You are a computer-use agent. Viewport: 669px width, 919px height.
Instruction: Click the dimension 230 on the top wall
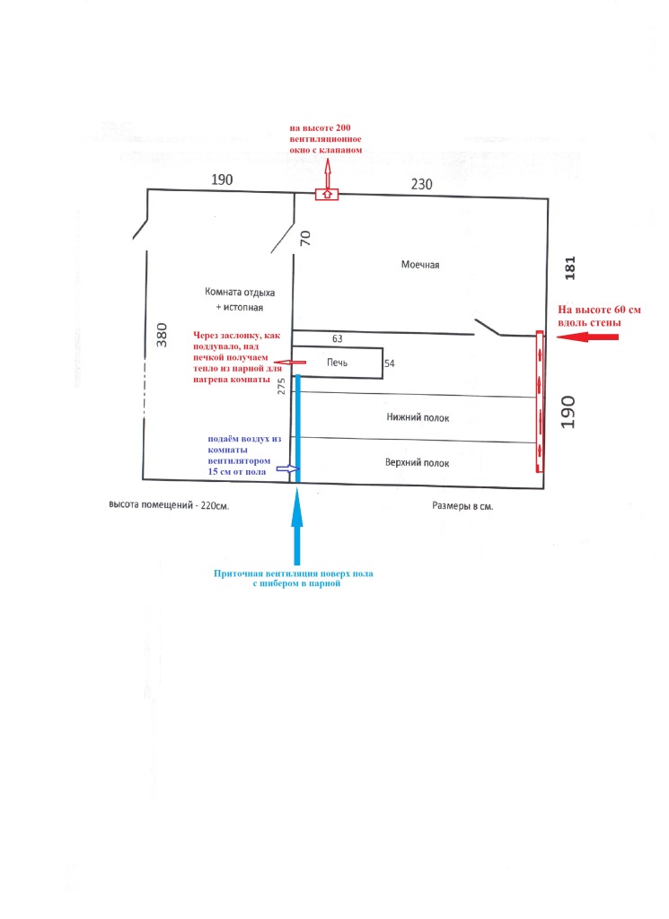click(422, 185)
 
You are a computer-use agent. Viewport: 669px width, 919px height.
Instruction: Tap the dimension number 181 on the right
click(570, 267)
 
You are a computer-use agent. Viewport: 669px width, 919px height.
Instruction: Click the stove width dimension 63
click(338, 339)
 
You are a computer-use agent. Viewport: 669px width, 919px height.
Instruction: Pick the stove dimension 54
click(390, 363)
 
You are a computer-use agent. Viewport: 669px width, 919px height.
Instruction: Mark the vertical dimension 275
click(282, 386)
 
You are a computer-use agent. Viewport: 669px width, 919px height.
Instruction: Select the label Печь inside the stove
click(337, 363)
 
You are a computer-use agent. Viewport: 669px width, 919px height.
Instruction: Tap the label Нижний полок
click(418, 417)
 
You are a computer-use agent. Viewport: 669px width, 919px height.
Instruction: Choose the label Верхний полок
click(418, 462)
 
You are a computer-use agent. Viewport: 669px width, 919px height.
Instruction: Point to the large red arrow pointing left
click(587, 337)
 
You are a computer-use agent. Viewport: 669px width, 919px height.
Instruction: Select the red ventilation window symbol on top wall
click(326, 193)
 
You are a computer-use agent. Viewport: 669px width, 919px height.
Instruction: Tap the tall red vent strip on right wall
click(539, 401)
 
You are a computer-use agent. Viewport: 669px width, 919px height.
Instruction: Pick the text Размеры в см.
click(462, 506)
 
